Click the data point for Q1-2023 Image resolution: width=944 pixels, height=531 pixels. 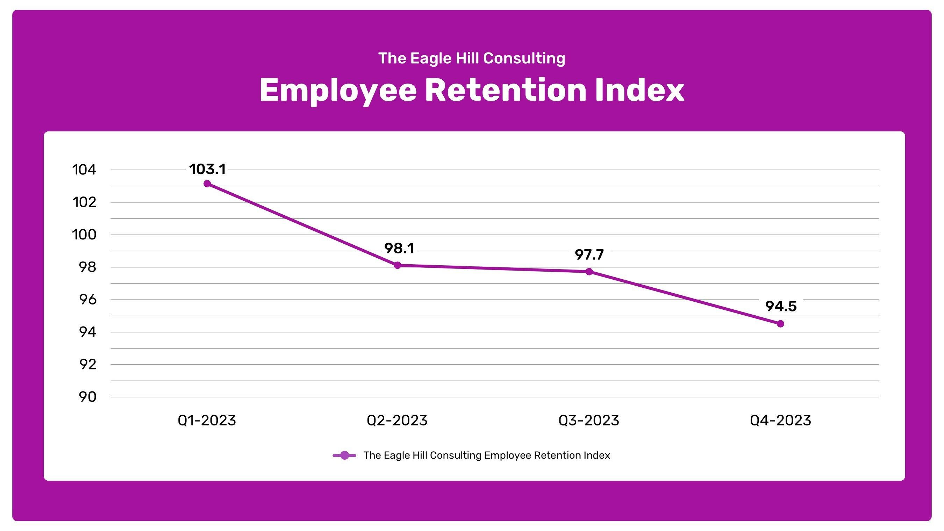tap(207, 184)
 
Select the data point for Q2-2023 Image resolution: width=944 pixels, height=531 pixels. tap(398, 265)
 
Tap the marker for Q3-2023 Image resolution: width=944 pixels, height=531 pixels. tap(589, 272)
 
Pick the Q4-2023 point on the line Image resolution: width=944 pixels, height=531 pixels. tap(780, 324)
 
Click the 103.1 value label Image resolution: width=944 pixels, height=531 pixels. tap(207, 169)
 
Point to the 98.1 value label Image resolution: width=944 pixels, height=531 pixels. tap(399, 249)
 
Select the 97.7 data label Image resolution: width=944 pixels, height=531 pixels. tap(589, 255)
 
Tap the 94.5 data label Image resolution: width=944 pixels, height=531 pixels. tap(781, 306)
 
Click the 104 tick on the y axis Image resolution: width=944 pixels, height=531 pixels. tap(84, 170)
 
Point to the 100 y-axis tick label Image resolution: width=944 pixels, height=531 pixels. tap(84, 235)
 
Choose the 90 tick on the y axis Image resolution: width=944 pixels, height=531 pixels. tap(88, 397)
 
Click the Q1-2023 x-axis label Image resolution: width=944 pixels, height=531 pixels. tap(207, 420)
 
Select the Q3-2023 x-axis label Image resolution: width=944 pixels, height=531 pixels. tap(588, 420)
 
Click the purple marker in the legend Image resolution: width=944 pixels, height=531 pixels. tap(344, 455)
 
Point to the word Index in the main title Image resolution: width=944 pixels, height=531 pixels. tap(639, 90)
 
